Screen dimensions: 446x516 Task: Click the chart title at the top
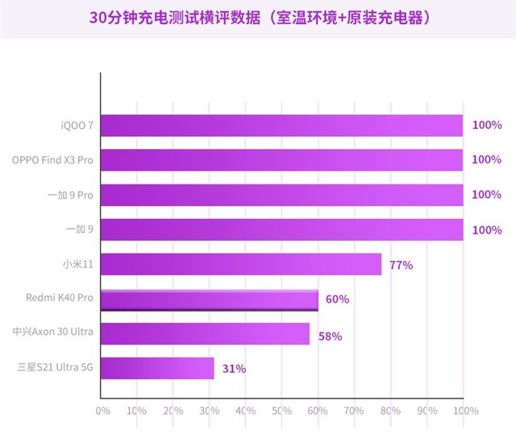point(258,17)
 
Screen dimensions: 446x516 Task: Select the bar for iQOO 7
point(281,126)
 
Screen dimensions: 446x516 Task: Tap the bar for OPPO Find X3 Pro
point(281,160)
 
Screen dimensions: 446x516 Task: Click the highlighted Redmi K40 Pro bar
point(209,299)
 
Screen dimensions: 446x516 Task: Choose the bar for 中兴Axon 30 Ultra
point(205,334)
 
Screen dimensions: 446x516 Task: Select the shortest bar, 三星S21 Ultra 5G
point(157,369)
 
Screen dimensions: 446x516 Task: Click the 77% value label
point(401,265)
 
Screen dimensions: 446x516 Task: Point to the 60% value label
point(337,299)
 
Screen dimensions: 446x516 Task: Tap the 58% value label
point(330,335)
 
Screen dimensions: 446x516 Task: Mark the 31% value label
point(234,370)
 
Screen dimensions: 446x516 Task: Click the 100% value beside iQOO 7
point(486,126)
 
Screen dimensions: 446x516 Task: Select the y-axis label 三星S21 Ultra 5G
point(56,369)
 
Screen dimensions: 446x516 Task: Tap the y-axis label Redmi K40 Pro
point(60,299)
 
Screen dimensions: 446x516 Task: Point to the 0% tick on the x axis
point(102,411)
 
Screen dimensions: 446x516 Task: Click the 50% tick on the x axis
point(281,411)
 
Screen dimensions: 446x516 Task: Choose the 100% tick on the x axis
point(464,411)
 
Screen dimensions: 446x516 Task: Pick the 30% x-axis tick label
point(209,411)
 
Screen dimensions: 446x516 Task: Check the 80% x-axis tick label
point(390,411)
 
